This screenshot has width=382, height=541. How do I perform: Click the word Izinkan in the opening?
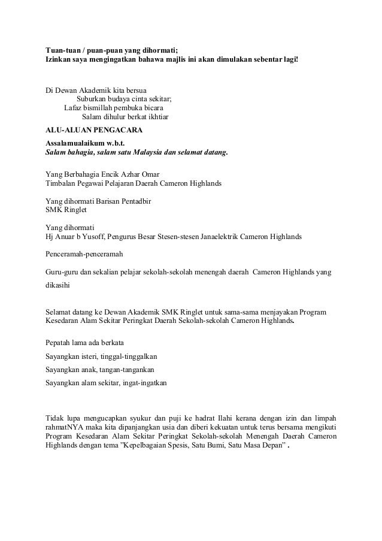click(60, 62)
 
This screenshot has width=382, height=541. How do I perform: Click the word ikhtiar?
click(155, 117)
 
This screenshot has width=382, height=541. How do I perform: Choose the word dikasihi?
click(57, 287)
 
